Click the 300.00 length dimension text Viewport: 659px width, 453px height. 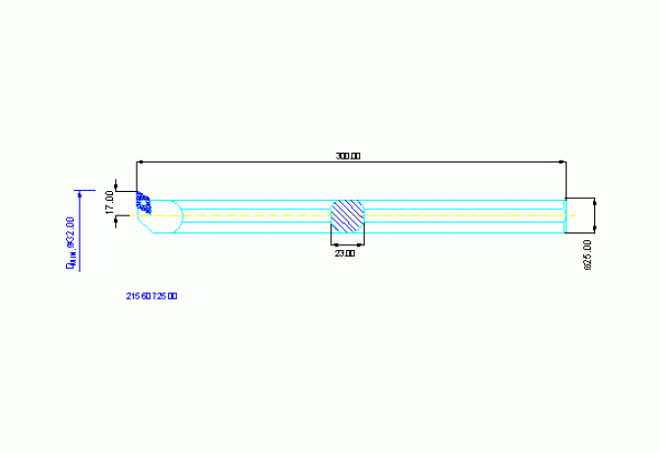348,156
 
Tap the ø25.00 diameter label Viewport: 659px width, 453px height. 587,254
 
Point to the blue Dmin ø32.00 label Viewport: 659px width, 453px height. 70,242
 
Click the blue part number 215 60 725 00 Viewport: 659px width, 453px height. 151,295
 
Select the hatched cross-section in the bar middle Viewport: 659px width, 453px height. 347,216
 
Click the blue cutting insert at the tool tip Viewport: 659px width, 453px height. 144,204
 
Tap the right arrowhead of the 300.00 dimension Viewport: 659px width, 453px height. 563,161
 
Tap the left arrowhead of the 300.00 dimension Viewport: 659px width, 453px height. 141,161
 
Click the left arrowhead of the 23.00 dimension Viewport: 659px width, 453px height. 333,243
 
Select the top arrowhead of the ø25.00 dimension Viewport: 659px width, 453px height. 595,202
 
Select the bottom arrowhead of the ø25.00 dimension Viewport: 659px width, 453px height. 595,229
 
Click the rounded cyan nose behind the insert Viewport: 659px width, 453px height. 172,216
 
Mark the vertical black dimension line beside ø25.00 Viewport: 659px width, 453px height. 595,216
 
